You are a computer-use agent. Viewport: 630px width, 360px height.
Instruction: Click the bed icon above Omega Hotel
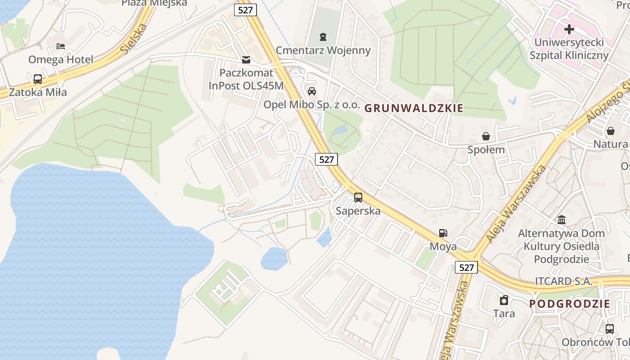click(x=61, y=46)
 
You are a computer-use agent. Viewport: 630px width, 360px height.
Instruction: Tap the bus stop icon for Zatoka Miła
click(x=38, y=79)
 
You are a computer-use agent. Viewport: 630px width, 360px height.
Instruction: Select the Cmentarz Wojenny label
click(x=323, y=50)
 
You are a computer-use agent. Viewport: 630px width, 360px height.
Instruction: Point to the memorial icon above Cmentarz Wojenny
click(x=323, y=36)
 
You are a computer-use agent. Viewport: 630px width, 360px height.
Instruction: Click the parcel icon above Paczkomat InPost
click(x=246, y=59)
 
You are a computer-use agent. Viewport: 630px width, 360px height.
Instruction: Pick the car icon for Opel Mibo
click(x=311, y=91)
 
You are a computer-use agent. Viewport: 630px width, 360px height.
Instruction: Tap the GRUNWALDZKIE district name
click(x=414, y=108)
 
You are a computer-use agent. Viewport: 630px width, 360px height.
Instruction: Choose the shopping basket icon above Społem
click(x=486, y=136)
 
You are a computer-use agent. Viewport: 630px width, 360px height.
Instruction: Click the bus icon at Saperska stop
click(x=358, y=197)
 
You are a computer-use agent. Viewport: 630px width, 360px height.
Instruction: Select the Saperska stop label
click(x=358, y=211)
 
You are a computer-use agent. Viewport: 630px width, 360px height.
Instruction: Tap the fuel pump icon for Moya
click(x=443, y=233)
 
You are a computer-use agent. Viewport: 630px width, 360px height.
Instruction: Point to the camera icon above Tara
click(x=504, y=300)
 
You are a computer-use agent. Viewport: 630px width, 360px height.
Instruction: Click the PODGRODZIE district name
click(x=570, y=304)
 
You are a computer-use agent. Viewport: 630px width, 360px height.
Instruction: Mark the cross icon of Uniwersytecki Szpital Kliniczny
click(x=569, y=30)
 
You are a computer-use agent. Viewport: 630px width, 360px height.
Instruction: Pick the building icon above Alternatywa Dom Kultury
click(x=562, y=220)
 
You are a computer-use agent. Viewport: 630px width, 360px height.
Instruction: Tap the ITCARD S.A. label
click(x=563, y=281)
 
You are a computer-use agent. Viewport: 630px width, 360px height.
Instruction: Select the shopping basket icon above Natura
click(x=611, y=131)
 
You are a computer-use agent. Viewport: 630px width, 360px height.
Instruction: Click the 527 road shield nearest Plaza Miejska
click(x=245, y=10)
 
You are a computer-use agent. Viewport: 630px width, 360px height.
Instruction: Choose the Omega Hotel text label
click(x=61, y=59)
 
